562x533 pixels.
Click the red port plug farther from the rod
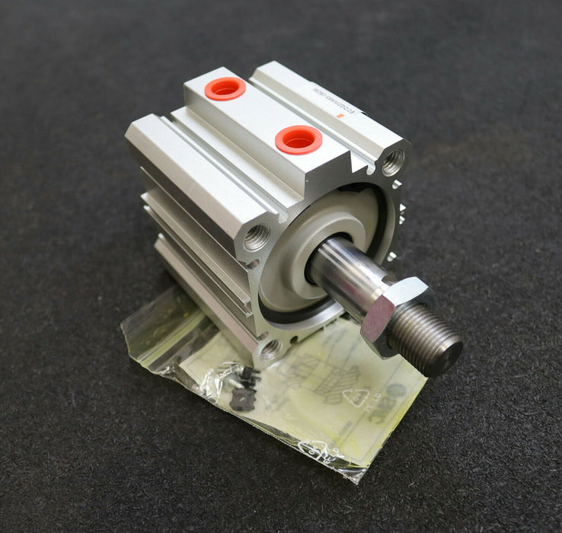[x=225, y=88]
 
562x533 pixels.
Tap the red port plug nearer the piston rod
[x=298, y=139]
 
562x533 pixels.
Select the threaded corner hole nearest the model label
[x=392, y=162]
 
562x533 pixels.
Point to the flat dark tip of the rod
[x=452, y=351]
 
